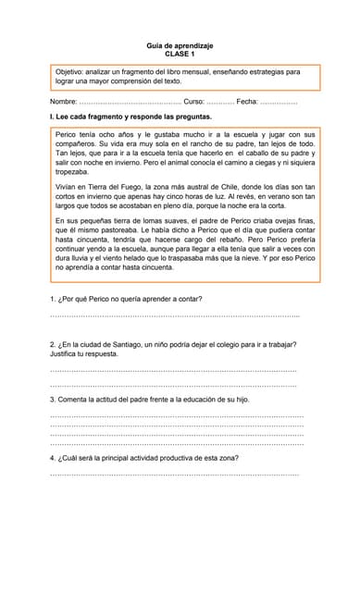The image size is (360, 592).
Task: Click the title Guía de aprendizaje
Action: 180,45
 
